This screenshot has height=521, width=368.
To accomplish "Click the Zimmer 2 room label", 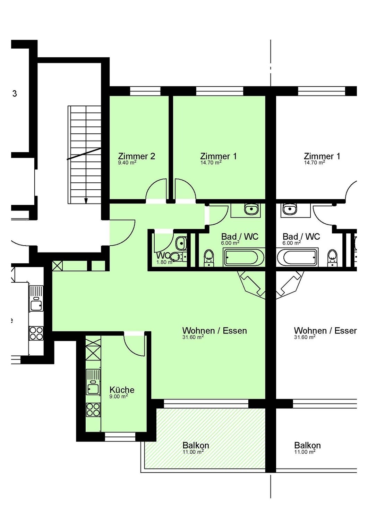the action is click(x=137, y=156).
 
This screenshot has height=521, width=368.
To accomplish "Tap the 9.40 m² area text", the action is click(x=127, y=162).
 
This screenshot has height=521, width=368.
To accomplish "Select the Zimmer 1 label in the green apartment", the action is click(x=219, y=156).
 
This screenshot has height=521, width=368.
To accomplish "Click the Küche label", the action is click(x=122, y=390).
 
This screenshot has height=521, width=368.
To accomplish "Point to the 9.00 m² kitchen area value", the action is click(x=119, y=396).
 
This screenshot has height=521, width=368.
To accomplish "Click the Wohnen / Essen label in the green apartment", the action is click(x=214, y=331).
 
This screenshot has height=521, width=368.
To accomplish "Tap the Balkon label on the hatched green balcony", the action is click(x=196, y=445).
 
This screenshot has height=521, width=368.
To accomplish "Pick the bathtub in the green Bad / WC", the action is click(x=243, y=257).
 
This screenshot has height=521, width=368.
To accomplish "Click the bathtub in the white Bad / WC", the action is click(x=297, y=257).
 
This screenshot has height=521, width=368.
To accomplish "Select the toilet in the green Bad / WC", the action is click(x=209, y=258).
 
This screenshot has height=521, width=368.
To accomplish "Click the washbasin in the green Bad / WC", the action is click(x=251, y=209).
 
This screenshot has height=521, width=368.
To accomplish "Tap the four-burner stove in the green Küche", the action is click(x=93, y=410).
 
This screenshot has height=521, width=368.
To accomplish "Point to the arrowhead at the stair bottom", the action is click(x=86, y=201).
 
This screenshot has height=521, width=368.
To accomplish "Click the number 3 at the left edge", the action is click(x=15, y=93).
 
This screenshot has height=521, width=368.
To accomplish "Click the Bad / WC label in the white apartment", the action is click(x=301, y=237).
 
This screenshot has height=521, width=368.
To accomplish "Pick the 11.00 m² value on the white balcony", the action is click(x=305, y=452).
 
